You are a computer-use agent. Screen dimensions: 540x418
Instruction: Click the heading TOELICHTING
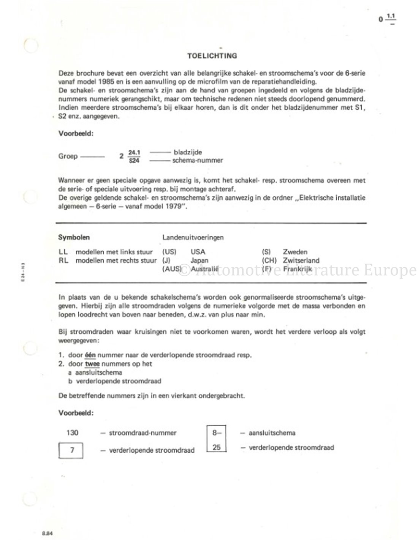212,56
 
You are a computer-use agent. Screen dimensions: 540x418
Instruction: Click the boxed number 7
72,450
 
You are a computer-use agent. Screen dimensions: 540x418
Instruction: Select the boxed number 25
217,447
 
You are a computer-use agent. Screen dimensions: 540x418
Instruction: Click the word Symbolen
74,237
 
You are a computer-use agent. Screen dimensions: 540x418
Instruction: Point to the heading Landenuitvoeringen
193,237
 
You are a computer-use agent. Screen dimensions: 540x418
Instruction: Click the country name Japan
199,261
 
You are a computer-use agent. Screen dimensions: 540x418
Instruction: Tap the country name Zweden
295,252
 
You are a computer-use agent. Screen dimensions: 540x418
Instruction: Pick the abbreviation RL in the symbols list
63,261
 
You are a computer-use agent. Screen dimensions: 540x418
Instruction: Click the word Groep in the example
68,156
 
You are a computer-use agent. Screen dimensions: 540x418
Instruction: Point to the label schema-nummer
198,160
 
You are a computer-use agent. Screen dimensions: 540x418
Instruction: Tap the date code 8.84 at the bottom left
47,533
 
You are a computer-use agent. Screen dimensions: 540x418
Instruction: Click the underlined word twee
92,364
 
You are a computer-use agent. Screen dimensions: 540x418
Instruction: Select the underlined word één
90,355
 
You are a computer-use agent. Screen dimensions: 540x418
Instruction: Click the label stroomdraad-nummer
143,433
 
